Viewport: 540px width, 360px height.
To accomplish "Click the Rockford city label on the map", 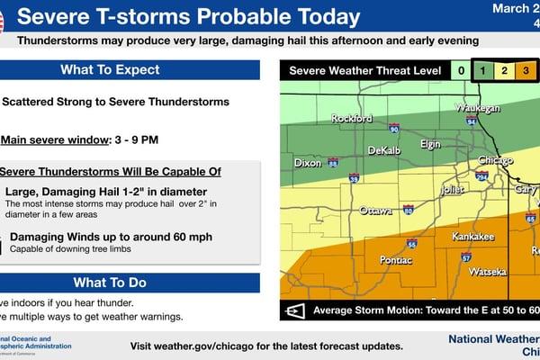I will (352, 118).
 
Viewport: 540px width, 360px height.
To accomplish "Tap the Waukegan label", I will (477, 107).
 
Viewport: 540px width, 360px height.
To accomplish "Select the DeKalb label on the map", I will (384, 151).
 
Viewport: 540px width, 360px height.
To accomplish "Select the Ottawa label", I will (375, 211).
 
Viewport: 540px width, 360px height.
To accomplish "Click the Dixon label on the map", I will (308, 163).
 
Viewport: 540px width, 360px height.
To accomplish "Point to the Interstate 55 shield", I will (411, 243).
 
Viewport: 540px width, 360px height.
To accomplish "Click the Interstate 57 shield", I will (466, 257).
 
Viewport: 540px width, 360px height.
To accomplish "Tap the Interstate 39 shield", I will (355, 177).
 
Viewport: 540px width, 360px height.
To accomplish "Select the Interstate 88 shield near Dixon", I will (333, 163).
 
